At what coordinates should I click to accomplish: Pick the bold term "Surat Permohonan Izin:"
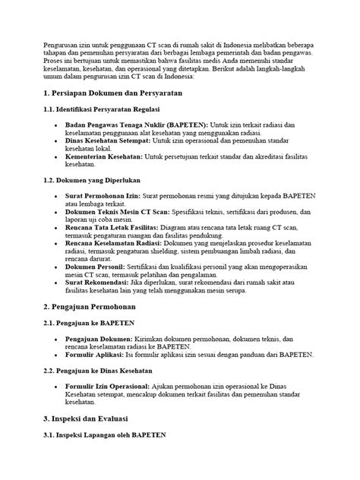tap(101, 195)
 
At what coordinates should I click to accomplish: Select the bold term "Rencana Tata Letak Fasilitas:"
tap(114, 226)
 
